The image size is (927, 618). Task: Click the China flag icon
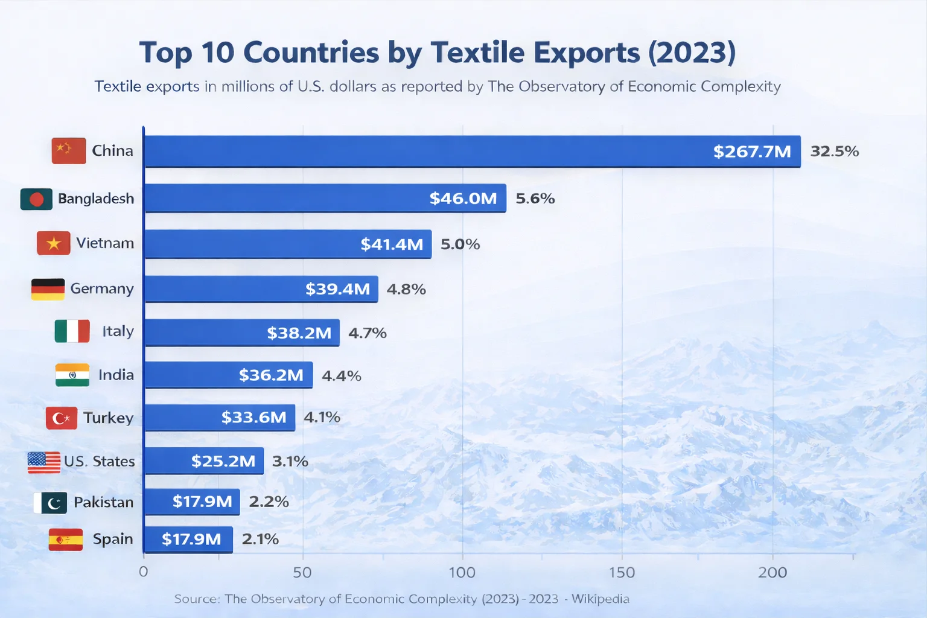click(x=69, y=151)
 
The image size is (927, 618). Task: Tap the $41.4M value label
click(x=392, y=244)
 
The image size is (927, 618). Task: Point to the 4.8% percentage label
click(x=406, y=289)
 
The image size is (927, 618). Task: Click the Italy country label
click(x=118, y=331)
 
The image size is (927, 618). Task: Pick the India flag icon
click(x=72, y=375)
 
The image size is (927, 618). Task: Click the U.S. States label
click(x=100, y=462)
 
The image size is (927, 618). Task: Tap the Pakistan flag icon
click(x=50, y=503)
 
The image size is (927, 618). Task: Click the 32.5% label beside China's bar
click(x=834, y=151)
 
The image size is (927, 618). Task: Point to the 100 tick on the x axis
click(x=462, y=572)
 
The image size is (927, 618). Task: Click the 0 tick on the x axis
click(x=143, y=572)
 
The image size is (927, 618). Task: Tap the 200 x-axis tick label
click(x=772, y=572)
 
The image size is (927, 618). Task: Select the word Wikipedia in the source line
click(x=600, y=599)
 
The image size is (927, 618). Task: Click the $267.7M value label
click(x=752, y=151)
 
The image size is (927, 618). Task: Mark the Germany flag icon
click(x=48, y=289)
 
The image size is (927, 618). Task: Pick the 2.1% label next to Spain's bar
click(x=260, y=539)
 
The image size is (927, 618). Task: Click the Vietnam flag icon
click(x=54, y=243)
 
